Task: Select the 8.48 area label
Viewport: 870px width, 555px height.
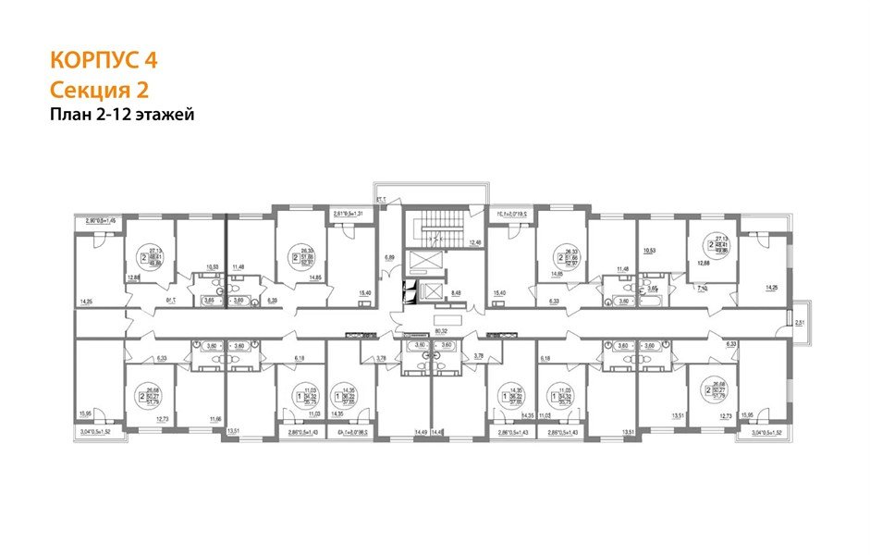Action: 455,292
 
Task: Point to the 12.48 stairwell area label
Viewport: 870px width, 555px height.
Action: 475,243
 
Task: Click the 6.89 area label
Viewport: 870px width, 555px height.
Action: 390,258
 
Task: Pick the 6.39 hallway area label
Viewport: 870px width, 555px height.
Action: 273,301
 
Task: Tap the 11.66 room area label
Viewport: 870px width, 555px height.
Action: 214,420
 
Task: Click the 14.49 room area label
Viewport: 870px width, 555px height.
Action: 422,432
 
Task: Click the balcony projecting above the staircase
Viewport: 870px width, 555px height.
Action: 430,192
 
